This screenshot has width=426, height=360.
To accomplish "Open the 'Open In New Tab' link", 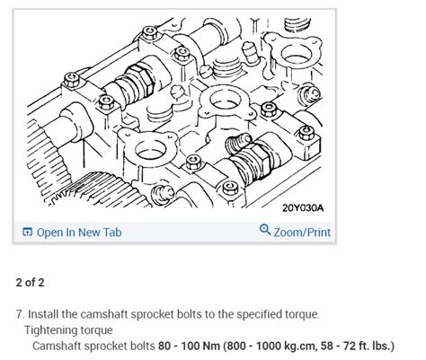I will pos(79,233).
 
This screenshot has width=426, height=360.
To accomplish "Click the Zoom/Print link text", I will pos(301,233).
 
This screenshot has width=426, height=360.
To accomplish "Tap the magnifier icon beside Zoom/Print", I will pos(265,232).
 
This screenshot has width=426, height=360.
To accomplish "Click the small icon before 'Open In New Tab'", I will pos(27,233).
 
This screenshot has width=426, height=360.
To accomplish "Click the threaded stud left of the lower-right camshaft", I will pos(234,143).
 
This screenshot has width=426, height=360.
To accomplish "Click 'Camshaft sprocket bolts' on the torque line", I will pos(93,346).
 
